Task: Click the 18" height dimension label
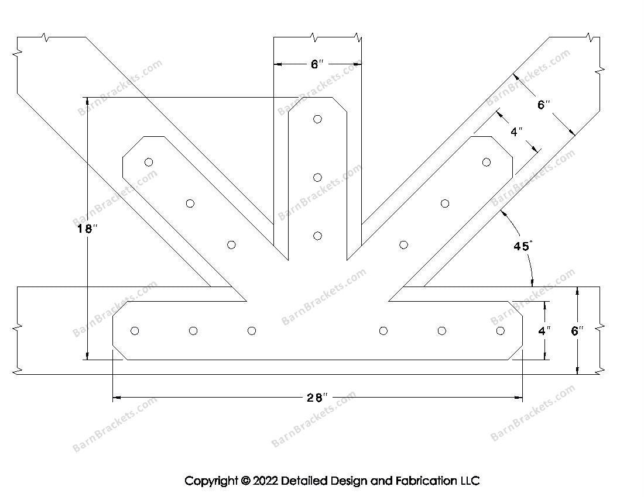(85, 229)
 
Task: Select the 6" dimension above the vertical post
(317, 64)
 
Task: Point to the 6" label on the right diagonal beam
(544, 105)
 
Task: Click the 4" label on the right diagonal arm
(516, 132)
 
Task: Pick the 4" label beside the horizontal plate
(544, 331)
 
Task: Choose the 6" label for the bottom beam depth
(577, 331)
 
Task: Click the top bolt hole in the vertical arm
(317, 119)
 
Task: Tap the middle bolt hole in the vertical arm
(317, 178)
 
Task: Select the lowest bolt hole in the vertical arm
(317, 236)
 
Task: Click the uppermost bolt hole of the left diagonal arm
(149, 162)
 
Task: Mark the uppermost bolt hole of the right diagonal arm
(486, 162)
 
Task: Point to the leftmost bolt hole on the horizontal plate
(135, 331)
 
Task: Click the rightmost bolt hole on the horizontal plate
(500, 331)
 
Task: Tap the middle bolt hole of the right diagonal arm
(445, 203)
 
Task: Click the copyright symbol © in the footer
(245, 481)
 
